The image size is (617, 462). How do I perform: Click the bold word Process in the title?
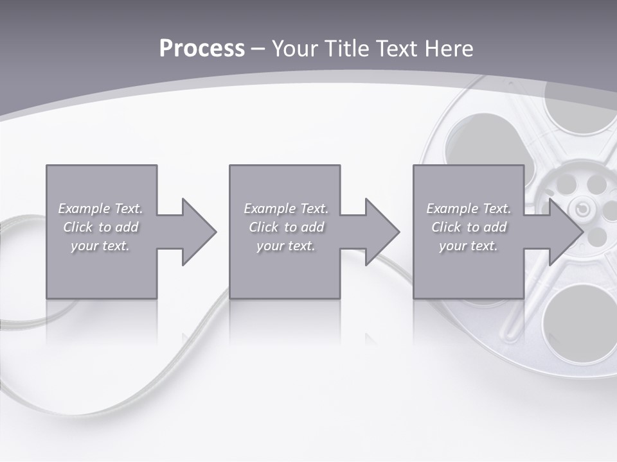202,49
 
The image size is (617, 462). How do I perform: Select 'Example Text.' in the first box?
100,209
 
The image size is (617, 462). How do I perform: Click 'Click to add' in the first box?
100,227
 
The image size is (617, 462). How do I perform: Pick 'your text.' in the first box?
100,246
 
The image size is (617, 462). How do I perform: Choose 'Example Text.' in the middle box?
286,209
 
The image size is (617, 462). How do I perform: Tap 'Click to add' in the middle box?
286,227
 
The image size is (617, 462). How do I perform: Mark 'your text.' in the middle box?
286,246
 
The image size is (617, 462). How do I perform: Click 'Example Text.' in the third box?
469,209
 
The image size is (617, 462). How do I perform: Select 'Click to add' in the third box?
469,227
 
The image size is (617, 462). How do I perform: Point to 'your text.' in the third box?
469,246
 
